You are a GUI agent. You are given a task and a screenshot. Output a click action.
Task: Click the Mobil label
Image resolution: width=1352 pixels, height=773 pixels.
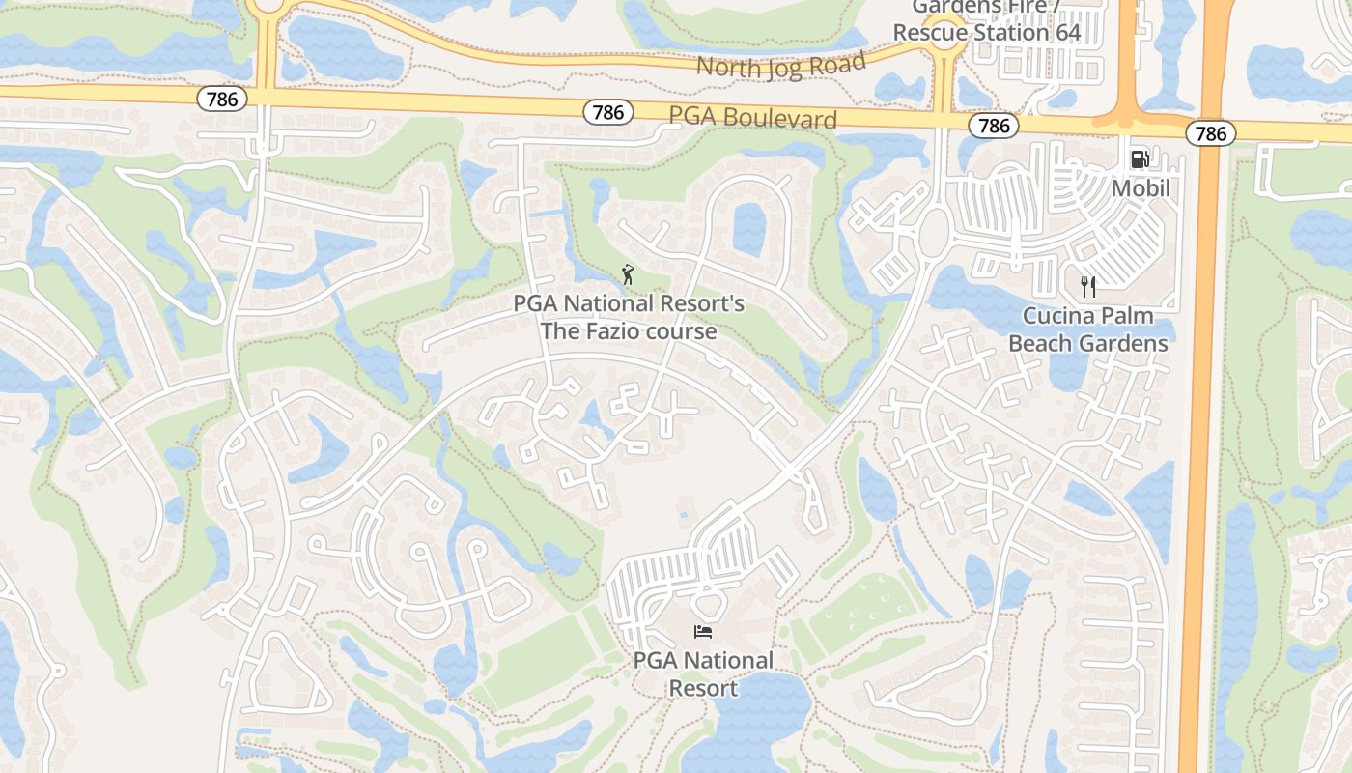pyautogui.click(x=1141, y=187)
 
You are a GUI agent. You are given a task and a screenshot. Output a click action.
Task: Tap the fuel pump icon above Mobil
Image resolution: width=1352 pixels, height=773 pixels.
pyautogui.click(x=1141, y=159)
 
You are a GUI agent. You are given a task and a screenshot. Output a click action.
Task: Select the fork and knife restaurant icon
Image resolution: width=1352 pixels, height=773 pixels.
pyautogui.click(x=1088, y=286)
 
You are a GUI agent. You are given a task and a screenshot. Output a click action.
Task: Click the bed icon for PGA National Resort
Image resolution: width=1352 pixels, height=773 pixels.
pyautogui.click(x=703, y=632)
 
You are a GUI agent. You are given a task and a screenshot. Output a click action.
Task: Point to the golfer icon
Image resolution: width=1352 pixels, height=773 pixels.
pyautogui.click(x=629, y=275)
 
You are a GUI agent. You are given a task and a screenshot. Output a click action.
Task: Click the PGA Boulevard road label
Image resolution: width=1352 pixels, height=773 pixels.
pyautogui.click(x=752, y=118)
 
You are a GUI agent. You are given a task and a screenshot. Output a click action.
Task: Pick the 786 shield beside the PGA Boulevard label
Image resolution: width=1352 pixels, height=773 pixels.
pyautogui.click(x=608, y=113)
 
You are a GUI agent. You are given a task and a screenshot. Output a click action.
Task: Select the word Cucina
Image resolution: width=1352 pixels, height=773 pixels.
pyautogui.click(x=1059, y=316)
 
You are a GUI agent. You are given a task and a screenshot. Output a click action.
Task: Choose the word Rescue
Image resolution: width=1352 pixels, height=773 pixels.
pyautogui.click(x=929, y=32)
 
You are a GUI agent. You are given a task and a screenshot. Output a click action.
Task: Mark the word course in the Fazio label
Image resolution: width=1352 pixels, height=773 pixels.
pyautogui.click(x=685, y=331)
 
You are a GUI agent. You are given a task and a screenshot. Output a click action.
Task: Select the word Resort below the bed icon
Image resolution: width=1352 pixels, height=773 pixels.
pyautogui.click(x=703, y=688)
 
